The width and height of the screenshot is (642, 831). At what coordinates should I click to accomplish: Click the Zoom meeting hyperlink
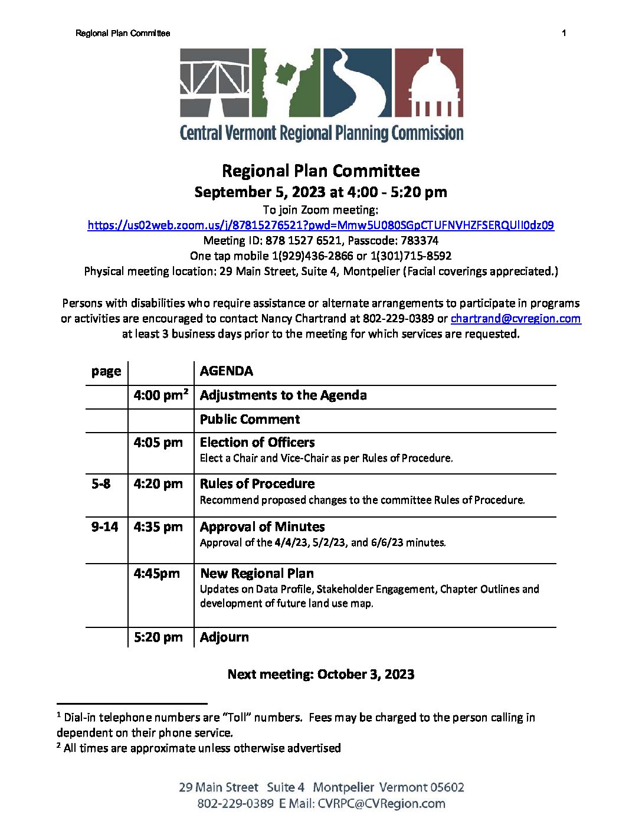click(320, 225)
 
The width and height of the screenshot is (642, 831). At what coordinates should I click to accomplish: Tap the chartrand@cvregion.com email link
click(515, 319)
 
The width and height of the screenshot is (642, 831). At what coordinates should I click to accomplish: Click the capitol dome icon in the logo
click(429, 83)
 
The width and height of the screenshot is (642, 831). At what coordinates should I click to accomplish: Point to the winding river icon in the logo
click(356, 83)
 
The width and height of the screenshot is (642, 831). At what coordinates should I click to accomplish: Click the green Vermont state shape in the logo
click(286, 82)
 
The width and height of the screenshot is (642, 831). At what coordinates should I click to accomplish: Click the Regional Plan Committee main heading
click(320, 171)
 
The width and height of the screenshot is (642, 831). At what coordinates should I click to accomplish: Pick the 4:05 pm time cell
click(158, 443)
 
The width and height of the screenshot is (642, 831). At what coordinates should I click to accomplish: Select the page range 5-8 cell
click(101, 484)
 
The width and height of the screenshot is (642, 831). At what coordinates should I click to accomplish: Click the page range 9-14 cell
click(104, 527)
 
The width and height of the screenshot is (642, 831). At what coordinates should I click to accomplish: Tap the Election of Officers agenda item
click(257, 443)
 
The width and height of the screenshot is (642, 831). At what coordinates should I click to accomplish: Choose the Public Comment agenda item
click(250, 420)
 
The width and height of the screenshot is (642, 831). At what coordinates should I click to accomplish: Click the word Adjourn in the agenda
click(224, 637)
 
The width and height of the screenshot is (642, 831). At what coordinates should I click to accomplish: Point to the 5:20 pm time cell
click(158, 637)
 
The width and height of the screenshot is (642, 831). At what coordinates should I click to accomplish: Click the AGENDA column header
click(226, 371)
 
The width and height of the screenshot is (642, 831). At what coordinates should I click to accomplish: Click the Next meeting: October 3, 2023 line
click(320, 675)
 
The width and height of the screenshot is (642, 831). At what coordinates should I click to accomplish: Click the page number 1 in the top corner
click(564, 33)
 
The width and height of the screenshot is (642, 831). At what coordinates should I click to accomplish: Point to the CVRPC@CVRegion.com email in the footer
click(381, 804)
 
